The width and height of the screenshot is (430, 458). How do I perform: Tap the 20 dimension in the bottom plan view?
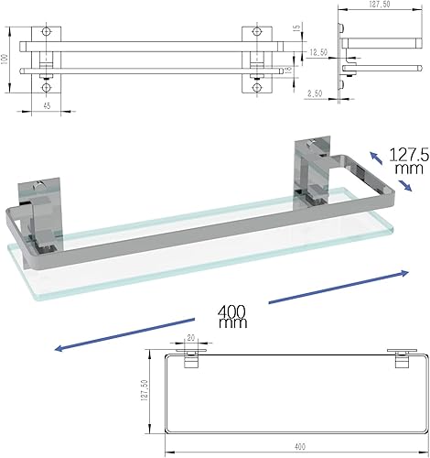(x=190, y=336)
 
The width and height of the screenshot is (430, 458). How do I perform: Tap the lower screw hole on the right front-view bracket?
(x=257, y=89)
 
